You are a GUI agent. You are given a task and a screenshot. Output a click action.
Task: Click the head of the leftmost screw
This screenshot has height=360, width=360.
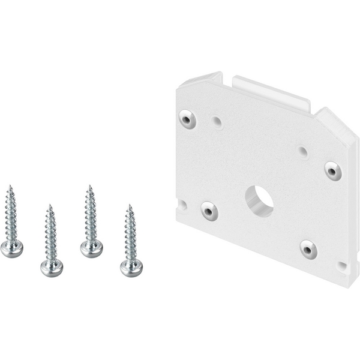coord(11,248)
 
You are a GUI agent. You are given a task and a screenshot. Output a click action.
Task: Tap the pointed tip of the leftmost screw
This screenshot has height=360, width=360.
coord(10,186)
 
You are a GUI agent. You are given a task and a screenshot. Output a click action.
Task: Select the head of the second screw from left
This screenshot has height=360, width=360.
coord(52,267)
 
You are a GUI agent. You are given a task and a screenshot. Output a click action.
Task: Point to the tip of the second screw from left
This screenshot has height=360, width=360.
coord(50,205)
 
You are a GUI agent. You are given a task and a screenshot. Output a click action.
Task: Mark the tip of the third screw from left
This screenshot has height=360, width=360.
coord(89,186)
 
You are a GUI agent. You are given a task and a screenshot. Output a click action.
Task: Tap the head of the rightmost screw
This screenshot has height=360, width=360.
coord(131,267)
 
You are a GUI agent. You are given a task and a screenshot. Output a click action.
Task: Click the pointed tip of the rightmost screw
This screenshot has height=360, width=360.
coord(129,205)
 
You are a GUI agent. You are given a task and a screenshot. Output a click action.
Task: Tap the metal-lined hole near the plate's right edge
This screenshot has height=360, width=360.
coord(333,171)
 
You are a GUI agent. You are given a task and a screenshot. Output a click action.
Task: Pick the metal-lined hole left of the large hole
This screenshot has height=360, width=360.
coord(209,211)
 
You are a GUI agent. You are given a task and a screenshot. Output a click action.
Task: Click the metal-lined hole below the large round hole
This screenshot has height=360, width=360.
coord(308,248)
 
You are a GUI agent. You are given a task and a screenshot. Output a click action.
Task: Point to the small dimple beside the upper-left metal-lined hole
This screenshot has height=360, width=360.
coord(217,122)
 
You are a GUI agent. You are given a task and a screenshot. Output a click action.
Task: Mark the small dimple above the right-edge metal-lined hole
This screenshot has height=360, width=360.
coord(303,152)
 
